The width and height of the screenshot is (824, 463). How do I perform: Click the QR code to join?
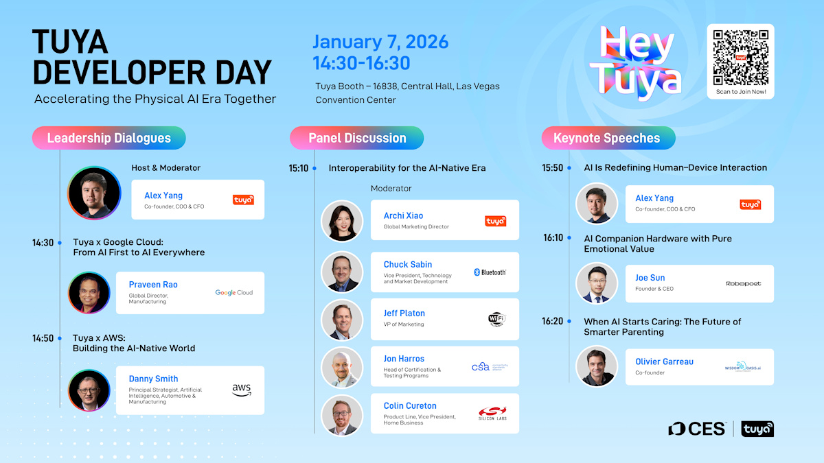pyautogui.click(x=740, y=57)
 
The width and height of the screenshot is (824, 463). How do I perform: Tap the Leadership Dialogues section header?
pyautogui.click(x=108, y=138)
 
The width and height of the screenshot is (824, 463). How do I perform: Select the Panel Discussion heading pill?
pyautogui.click(x=357, y=138)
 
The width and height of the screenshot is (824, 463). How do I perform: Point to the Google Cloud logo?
pyautogui.click(x=233, y=292)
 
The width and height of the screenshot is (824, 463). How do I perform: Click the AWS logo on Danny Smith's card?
pyautogui.click(x=242, y=390)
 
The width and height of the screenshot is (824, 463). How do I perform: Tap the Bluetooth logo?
pyautogui.click(x=490, y=272)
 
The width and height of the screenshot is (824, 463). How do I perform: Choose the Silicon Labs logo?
pyautogui.click(x=492, y=414)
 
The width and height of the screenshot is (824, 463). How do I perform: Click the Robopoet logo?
pyautogui.click(x=743, y=283)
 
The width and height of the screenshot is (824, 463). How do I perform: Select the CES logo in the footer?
pyautogui.click(x=697, y=429)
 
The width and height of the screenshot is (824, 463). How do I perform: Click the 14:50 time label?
pyautogui.click(x=43, y=338)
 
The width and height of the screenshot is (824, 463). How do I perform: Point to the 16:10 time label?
pyautogui.click(x=553, y=238)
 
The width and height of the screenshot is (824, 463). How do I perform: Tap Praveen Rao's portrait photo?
pyautogui.click(x=89, y=293)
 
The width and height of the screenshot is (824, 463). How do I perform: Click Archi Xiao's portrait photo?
pyautogui.click(x=342, y=220)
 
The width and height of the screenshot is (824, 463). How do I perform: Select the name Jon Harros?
pyautogui.click(x=404, y=359)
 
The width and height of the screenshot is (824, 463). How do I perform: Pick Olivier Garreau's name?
pyautogui.click(x=664, y=361)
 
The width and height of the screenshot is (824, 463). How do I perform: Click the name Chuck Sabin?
pyautogui.click(x=408, y=264)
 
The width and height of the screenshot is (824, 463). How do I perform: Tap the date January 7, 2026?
pyautogui.click(x=380, y=42)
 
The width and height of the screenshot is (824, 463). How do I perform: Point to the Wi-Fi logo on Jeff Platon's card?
pyautogui.click(x=496, y=319)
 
